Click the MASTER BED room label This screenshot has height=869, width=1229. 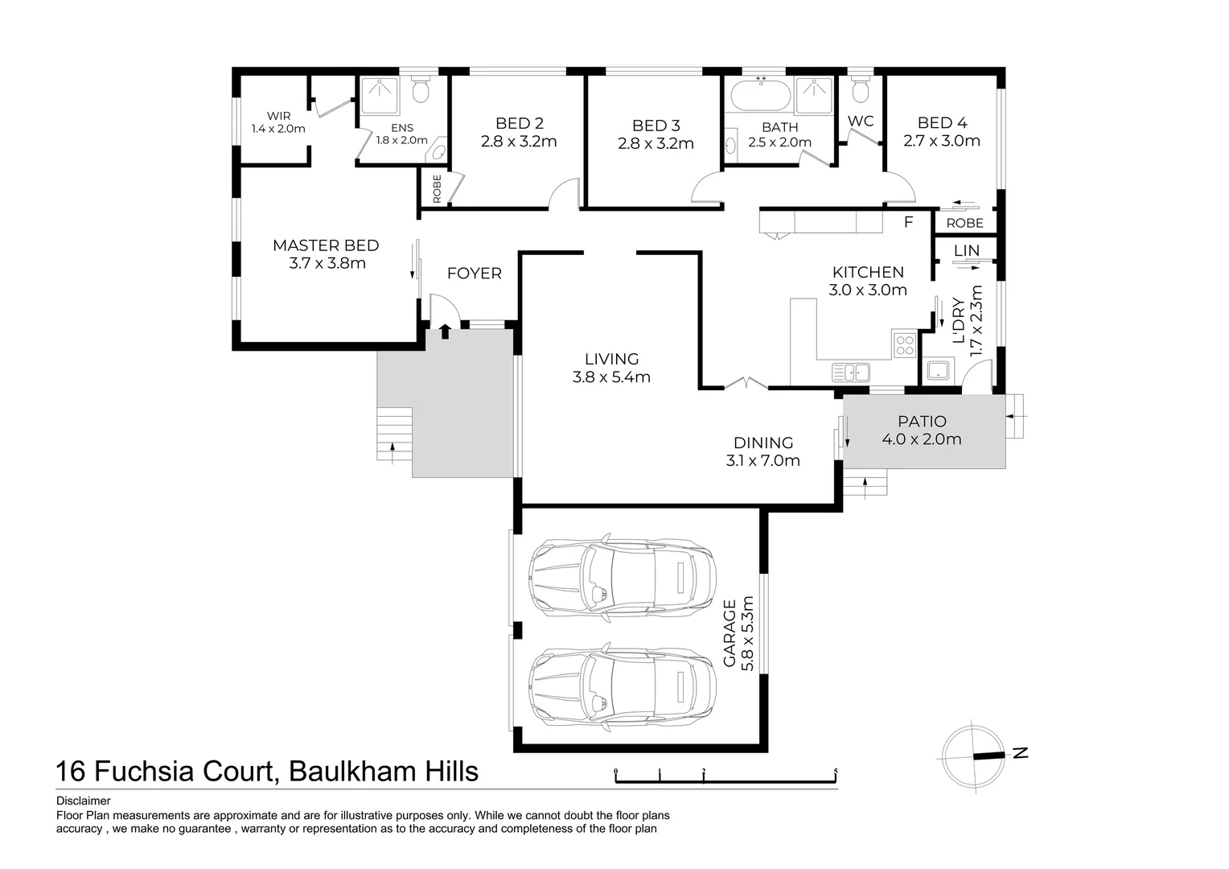[x=326, y=245]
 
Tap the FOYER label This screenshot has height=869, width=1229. [x=474, y=274]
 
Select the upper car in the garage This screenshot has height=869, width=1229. [x=622, y=575]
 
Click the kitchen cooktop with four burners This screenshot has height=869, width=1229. [x=905, y=345]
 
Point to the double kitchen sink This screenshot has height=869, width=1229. [x=851, y=372]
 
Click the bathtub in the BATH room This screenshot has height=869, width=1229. [x=761, y=96]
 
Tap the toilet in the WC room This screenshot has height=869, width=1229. [x=860, y=90]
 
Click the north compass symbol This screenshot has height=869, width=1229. [x=974, y=756]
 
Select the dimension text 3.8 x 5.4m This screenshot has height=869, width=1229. [x=611, y=377]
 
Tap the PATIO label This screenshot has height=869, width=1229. [x=922, y=422]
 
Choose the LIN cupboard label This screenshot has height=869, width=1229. [x=966, y=251]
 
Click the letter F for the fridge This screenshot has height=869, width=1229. [x=909, y=222]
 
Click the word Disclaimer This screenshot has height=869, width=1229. [x=83, y=801]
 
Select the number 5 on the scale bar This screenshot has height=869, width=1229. [x=836, y=772]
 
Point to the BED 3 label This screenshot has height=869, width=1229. [x=656, y=126]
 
